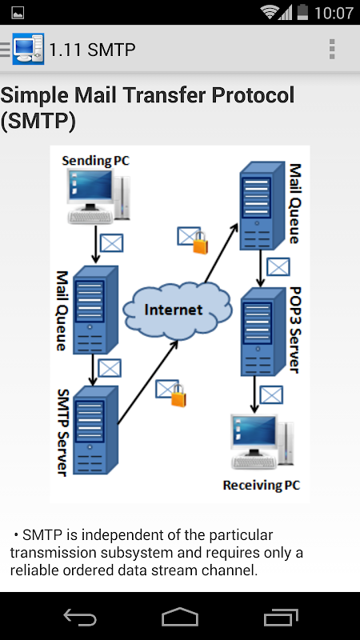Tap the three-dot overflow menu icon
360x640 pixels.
(x=332, y=50)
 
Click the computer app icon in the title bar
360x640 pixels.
(x=28, y=49)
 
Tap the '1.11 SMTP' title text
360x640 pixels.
(x=92, y=50)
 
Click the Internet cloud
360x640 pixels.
(x=178, y=310)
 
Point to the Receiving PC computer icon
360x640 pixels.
(x=262, y=442)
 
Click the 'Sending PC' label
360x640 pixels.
(x=95, y=161)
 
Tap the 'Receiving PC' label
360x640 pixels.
(x=262, y=486)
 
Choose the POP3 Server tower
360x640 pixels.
(x=262, y=332)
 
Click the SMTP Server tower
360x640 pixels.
(x=95, y=430)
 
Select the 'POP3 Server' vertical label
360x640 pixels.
(x=294, y=330)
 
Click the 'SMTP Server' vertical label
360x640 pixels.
(x=63, y=432)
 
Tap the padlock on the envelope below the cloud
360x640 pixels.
(x=178, y=395)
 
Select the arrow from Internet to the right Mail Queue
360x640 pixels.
(x=222, y=253)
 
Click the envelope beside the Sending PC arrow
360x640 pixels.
(x=111, y=243)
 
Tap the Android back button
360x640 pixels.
(x=80, y=617)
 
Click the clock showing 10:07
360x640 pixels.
(x=334, y=13)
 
